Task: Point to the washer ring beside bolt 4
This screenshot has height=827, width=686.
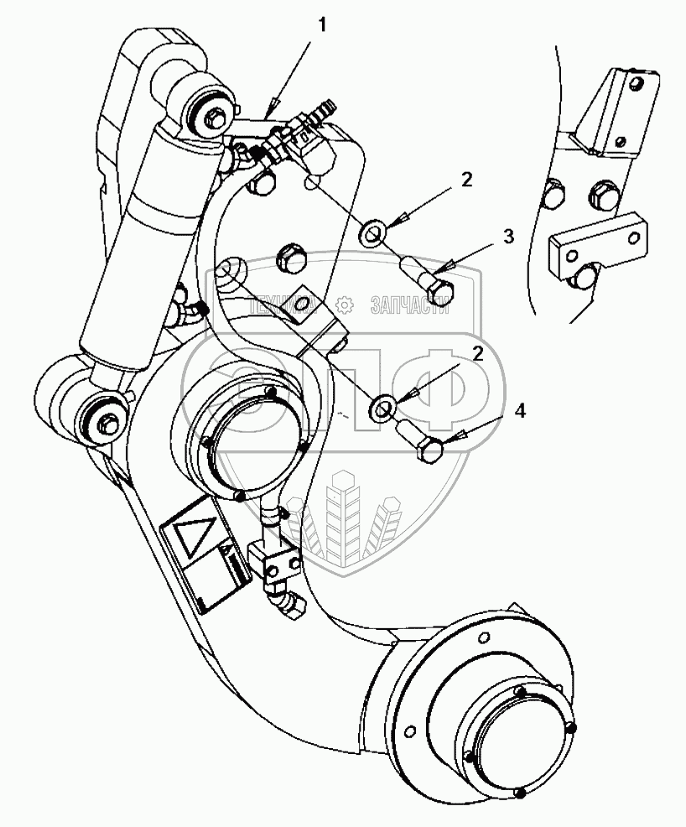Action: point(384,408)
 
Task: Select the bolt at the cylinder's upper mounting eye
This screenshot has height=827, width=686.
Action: point(210,117)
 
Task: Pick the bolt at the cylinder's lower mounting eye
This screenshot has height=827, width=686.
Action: point(107,422)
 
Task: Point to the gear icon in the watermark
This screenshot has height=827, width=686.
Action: point(342,304)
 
